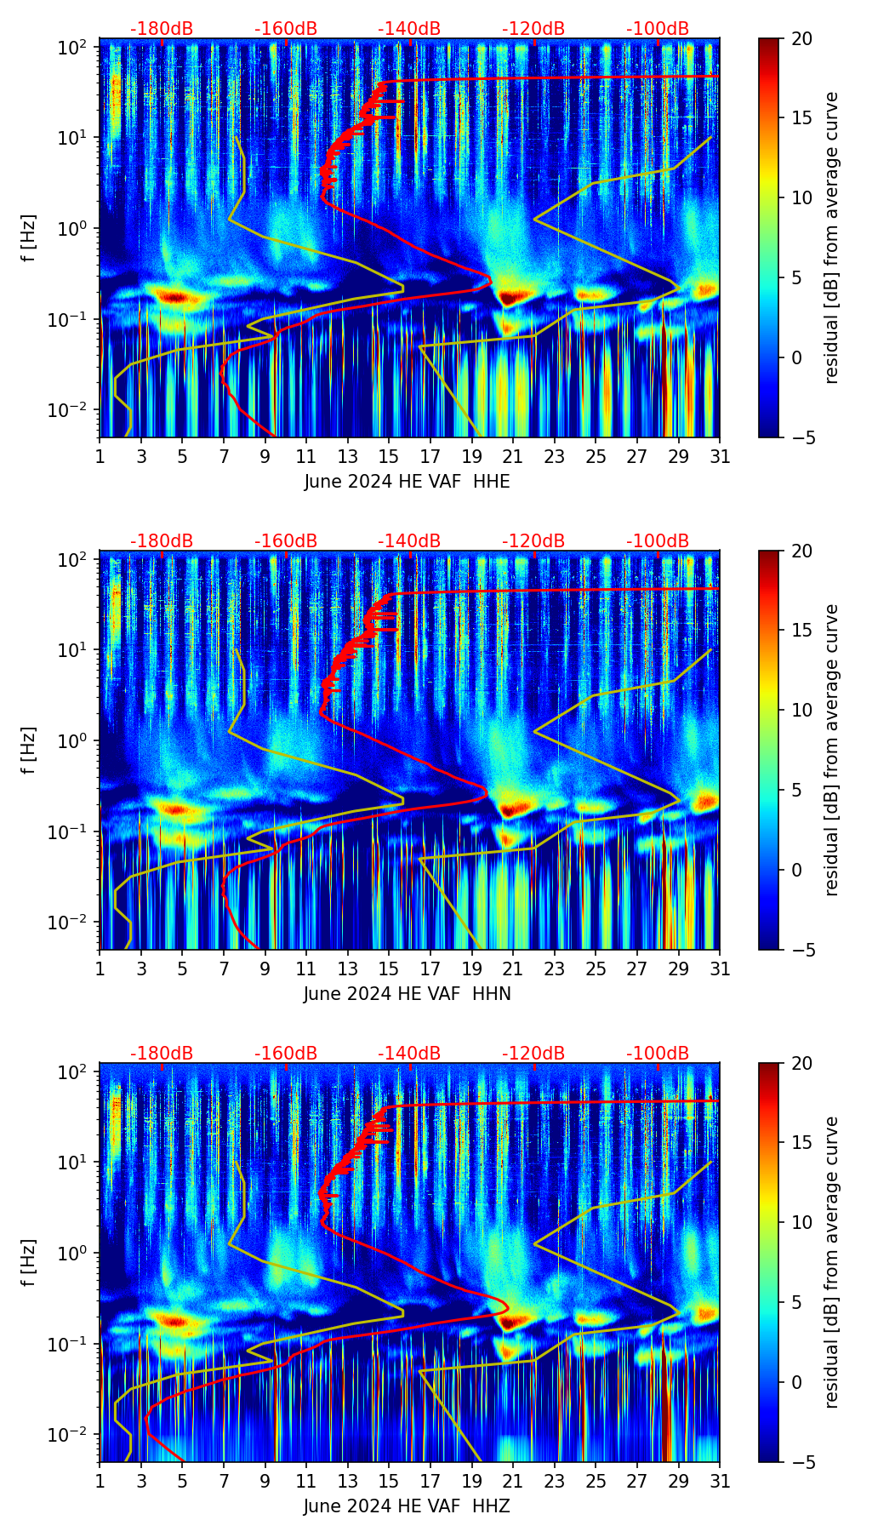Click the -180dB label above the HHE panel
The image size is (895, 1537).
click(162, 29)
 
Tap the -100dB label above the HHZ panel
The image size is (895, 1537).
click(658, 1054)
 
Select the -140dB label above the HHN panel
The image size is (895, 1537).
click(409, 541)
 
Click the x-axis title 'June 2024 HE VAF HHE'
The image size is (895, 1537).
click(407, 482)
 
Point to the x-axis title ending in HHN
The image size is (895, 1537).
click(407, 994)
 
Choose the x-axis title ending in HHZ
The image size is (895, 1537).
click(407, 1506)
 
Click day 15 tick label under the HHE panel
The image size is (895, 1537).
click(389, 457)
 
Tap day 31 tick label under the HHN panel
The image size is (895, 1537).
click(720, 969)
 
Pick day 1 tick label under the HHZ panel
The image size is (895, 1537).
click(100, 1482)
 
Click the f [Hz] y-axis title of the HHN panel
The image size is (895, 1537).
click(29, 750)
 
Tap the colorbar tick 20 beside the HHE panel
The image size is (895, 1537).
click(801, 38)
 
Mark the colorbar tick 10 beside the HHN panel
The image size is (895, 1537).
click(801, 710)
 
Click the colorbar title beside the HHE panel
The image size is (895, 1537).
click(831, 237)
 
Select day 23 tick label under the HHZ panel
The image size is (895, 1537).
click(555, 1482)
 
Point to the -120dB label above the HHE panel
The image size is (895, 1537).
click(533, 29)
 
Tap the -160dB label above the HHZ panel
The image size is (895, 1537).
click(286, 1054)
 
